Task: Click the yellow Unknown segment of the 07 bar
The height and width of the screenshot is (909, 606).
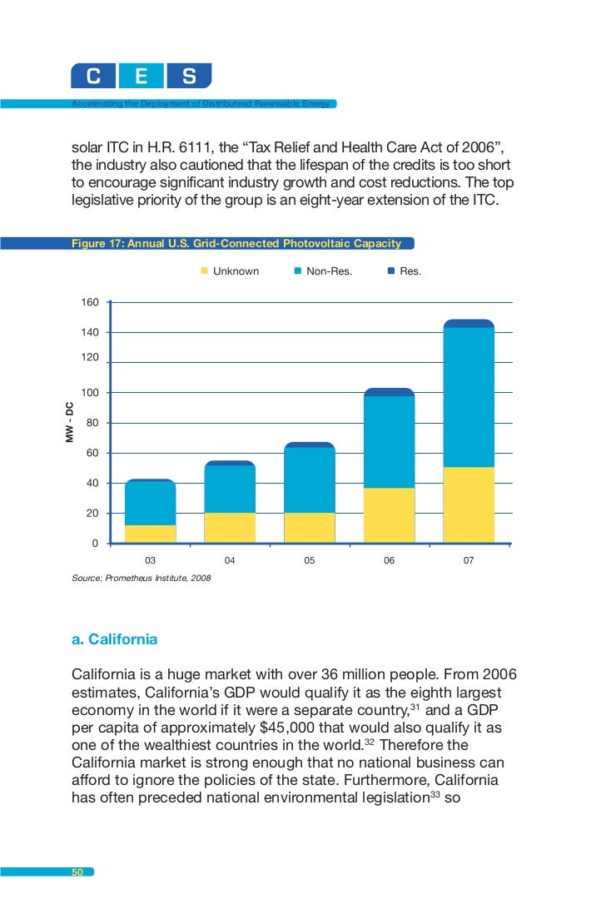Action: (x=469, y=505)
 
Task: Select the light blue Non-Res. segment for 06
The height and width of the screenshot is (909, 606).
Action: (x=389, y=442)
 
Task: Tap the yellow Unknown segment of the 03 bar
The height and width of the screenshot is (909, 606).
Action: (x=150, y=534)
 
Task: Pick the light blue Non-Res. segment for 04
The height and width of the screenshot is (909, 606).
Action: (x=230, y=489)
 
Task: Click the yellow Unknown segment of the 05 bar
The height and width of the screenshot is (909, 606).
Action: (x=309, y=528)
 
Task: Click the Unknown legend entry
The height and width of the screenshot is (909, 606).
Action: (x=230, y=271)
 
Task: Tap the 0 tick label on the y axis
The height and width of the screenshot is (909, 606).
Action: (x=94, y=544)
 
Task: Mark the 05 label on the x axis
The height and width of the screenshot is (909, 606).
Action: (x=309, y=561)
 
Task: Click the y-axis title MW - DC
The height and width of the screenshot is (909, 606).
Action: (x=70, y=422)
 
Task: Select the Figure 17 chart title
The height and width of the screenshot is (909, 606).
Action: (x=236, y=244)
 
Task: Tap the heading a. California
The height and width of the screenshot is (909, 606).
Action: (x=114, y=640)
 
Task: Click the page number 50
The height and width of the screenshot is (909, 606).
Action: (x=77, y=872)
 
